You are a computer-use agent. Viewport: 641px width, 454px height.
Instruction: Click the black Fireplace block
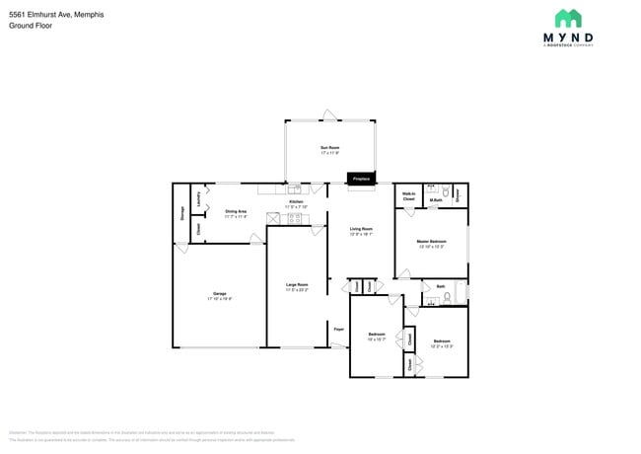[361, 179]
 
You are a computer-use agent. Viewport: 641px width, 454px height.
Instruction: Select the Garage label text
[219, 295]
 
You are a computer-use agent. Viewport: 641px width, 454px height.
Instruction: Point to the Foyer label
[337, 328]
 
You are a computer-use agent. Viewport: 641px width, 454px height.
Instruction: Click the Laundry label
[199, 199]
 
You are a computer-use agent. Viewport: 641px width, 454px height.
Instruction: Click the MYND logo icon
[567, 19]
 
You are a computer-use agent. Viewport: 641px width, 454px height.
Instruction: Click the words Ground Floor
[31, 26]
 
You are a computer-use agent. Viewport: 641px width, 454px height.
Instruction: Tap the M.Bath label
[435, 201]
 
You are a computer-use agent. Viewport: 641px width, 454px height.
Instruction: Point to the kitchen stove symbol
[294, 218]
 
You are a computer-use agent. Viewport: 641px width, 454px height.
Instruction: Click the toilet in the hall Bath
[449, 295]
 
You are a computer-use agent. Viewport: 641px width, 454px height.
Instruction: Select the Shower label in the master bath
[459, 194]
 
